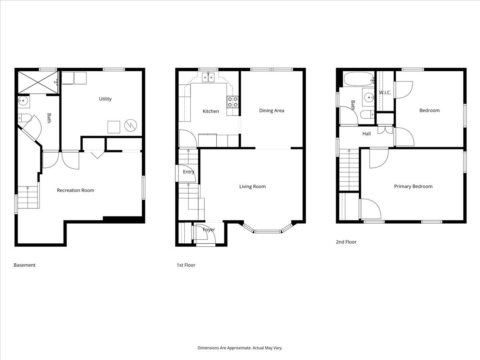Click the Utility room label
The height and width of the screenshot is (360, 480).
coord(105,99)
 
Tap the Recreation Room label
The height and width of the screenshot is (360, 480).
coord(76,190)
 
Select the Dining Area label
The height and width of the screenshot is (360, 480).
coord(272,111)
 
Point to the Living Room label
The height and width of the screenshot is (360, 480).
coord(252,187)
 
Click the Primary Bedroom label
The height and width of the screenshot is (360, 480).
coord(413,186)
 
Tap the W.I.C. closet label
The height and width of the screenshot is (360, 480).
coord(385,93)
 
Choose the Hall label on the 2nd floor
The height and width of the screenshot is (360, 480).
coord(366,134)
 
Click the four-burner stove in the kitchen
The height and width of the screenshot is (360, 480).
coord(232,102)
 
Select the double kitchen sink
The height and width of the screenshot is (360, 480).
coord(208,77)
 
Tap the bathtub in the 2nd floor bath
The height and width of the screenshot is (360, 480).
coord(359,79)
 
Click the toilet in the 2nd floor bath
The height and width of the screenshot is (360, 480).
coord(367,114)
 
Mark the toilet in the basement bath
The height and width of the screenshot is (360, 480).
coord(25,118)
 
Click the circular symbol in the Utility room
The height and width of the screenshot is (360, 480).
coord(130,126)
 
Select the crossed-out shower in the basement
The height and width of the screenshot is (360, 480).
coord(38,82)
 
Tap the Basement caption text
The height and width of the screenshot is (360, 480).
coord(24,265)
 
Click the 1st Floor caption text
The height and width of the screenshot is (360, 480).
coord(186,265)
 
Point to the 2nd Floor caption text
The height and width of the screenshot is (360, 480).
coord(346,242)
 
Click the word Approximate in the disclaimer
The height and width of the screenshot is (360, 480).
coord(239,348)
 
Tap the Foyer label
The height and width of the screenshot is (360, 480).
coord(209,230)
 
